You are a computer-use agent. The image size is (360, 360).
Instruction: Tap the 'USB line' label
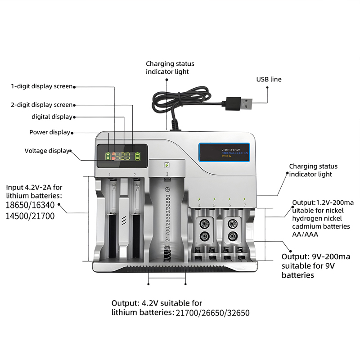[x=269, y=79]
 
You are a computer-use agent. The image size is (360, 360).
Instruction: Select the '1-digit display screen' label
[x=41, y=86]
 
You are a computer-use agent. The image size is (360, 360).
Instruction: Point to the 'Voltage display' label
[x=47, y=151]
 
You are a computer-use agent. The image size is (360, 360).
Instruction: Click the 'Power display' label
[x=49, y=132]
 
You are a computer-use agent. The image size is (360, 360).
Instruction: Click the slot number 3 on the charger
[x=167, y=174]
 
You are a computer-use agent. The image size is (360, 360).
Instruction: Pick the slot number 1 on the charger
[x=109, y=174]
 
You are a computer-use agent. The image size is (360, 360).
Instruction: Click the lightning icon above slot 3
[x=167, y=165]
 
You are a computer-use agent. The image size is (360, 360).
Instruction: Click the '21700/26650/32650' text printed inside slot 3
[x=167, y=218]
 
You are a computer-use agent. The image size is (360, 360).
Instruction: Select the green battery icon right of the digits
[x=138, y=157]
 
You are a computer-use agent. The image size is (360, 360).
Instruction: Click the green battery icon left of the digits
[x=108, y=157]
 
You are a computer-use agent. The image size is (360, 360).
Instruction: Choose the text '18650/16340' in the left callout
[x=27, y=206]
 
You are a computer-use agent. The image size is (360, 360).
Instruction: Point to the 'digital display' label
[x=52, y=117]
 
